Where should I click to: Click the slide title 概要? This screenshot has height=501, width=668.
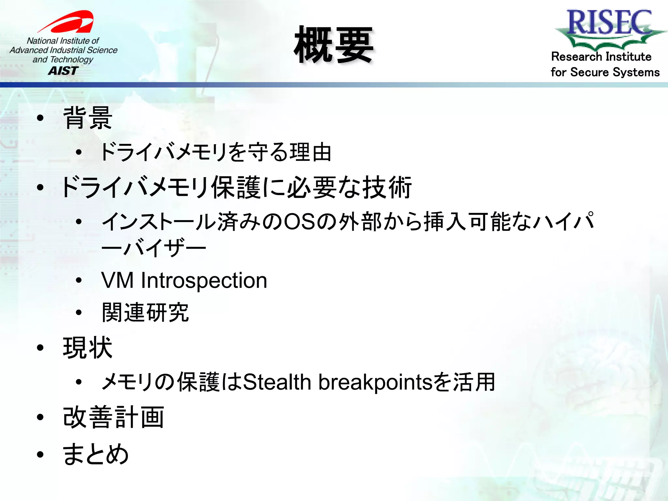333,45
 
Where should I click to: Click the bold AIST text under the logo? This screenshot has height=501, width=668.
63,70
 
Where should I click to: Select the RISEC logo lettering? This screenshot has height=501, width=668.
609,23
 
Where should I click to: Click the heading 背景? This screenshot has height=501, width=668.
87,118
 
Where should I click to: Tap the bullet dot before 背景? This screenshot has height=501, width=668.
40,118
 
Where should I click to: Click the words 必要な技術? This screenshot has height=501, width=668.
349,188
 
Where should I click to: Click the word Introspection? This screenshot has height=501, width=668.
204,281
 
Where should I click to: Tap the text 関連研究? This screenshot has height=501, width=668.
145,312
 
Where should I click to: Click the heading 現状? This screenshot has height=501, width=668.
87,348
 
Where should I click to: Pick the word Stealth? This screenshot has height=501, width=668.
277,382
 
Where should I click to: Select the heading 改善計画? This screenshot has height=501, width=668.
113,417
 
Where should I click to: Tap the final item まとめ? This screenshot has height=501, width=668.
95,454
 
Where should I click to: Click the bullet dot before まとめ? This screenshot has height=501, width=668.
40,454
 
